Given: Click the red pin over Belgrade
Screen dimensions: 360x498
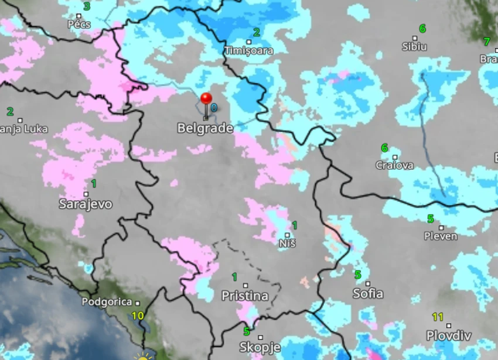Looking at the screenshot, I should [206, 98].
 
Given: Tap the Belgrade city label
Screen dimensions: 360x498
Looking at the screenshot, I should [205, 128].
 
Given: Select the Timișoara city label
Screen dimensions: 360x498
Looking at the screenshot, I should [249, 51].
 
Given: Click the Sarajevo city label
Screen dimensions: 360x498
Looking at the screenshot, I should [86, 204].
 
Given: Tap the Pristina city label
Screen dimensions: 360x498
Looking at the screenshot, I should [245, 296].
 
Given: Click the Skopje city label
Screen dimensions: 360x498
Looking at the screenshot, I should [260, 347].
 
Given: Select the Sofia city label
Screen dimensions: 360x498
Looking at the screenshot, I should [368, 293].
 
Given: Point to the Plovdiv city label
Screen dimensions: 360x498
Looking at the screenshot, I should [448, 336].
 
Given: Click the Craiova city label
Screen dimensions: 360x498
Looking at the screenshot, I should [394, 166].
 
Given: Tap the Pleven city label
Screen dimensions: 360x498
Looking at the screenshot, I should [441, 236].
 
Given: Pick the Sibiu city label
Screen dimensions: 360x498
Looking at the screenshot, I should [414, 47].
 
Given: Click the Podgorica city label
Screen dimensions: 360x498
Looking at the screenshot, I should [107, 302].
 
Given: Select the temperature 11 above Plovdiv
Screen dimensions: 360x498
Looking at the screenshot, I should [438, 317].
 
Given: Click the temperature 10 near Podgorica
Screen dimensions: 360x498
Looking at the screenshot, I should [138, 316].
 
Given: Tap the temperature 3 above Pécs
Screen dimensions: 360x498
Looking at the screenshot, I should [87, 6].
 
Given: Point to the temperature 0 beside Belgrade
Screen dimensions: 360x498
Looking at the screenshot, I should [214, 108].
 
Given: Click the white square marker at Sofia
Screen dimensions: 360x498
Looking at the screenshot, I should [368, 283].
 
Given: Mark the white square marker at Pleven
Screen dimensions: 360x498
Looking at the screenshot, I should [441, 228].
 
